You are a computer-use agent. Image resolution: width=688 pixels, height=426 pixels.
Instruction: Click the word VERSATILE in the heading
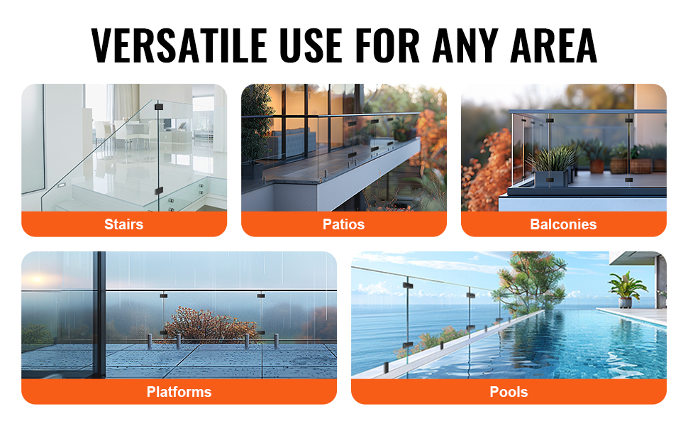pos(179,45)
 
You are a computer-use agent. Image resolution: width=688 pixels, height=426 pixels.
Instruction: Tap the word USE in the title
pos(311,45)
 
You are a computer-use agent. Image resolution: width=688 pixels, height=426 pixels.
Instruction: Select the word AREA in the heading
pos(554,45)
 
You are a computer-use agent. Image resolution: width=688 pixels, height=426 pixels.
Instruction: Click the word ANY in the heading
pos(465,45)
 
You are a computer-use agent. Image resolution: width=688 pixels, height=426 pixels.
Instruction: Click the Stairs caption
pos(123,224)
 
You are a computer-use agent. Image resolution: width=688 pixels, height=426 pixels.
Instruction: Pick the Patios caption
pos(343,224)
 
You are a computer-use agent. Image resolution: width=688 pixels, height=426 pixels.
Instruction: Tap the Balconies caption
pos(563,224)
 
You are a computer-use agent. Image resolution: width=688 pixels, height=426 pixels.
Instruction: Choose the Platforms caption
pos(179,392)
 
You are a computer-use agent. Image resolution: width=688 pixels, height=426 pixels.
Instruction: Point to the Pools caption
pos(509,392)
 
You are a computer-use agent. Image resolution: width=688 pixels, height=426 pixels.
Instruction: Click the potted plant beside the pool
pos(626,289)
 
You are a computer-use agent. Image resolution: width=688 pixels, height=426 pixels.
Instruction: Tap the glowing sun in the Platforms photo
pos(37,279)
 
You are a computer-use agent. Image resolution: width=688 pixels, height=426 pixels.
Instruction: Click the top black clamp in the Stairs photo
pos(158,106)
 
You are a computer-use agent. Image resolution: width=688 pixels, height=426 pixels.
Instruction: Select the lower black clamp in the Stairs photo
pos(158,191)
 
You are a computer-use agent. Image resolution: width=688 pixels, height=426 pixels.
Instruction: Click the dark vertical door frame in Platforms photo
pos(101,314)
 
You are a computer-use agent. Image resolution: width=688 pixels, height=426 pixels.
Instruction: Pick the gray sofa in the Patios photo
pos(291,143)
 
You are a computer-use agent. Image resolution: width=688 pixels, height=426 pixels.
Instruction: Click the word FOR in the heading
pos(387,45)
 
